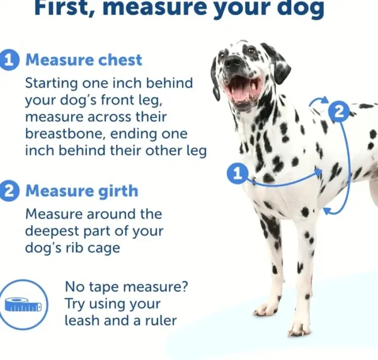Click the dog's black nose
click(x=232, y=62)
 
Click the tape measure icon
click(x=23, y=305)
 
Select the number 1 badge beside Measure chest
click(x=9, y=61)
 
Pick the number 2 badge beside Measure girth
click(x=9, y=191)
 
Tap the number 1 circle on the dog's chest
click(x=238, y=173)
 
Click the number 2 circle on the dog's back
click(x=339, y=112)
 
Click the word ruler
click(x=161, y=320)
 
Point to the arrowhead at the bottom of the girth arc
click(x=327, y=211)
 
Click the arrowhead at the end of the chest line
click(x=319, y=171)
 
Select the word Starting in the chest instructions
click(x=52, y=83)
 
